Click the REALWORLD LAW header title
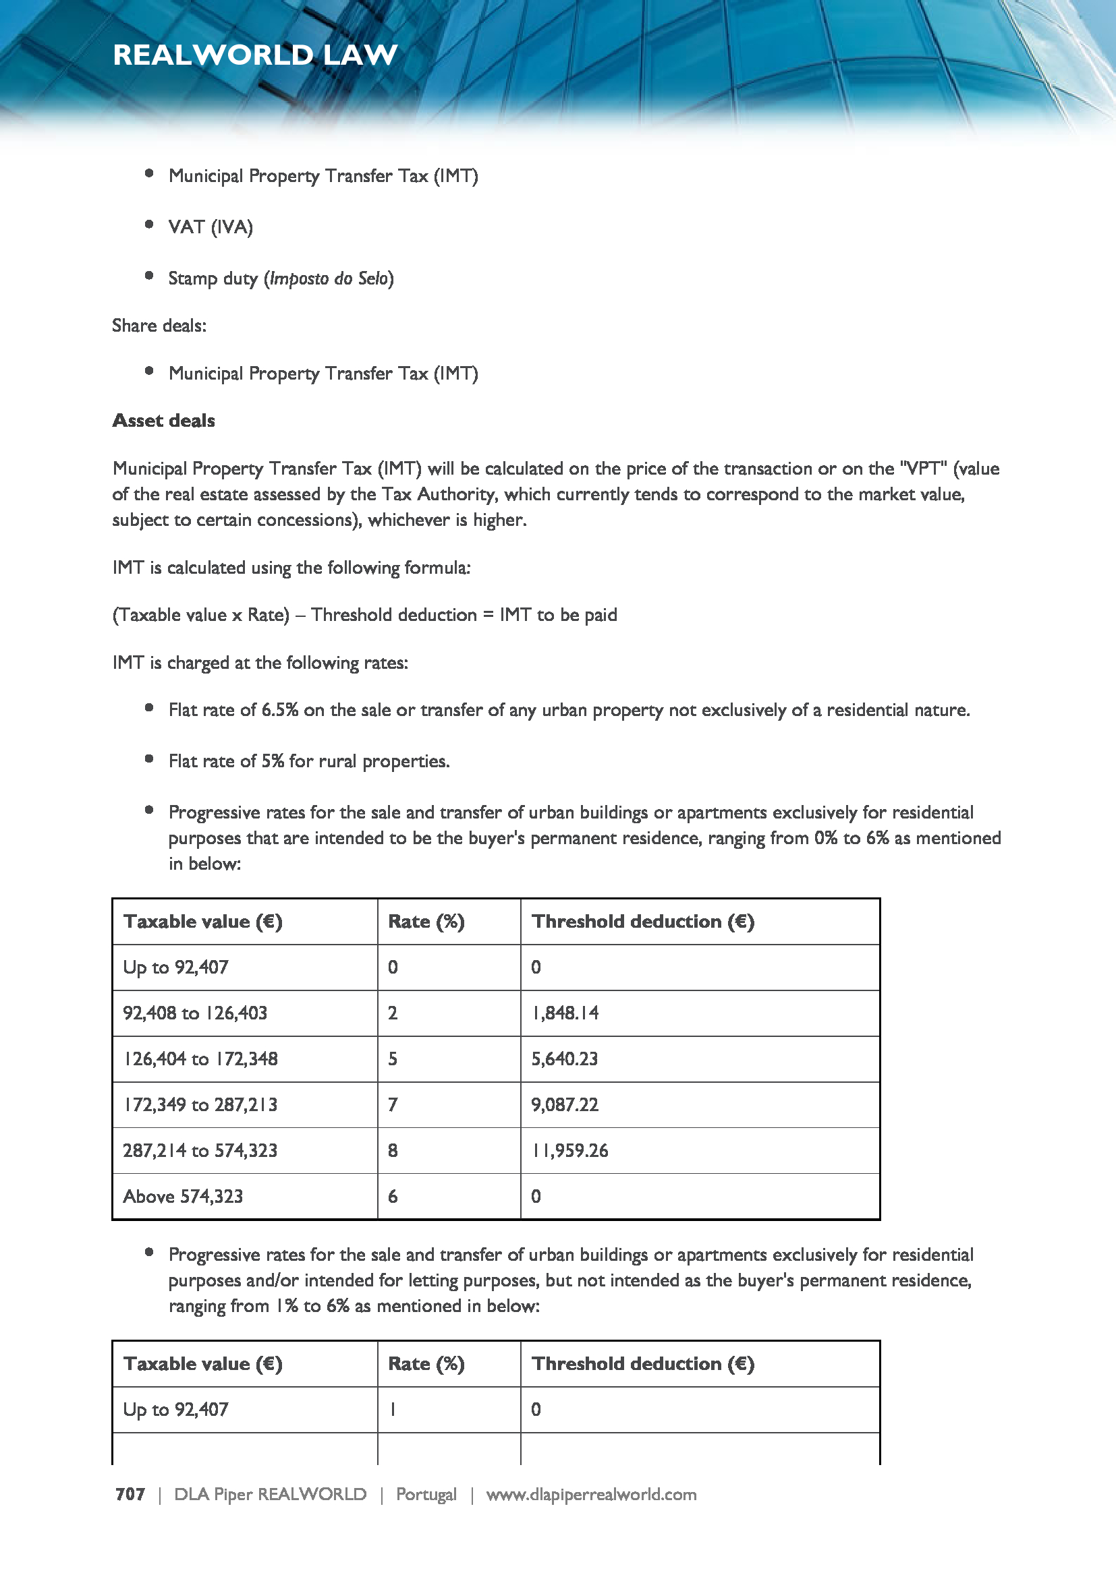click(255, 55)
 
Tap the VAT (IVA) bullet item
click(211, 227)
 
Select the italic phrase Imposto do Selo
click(329, 278)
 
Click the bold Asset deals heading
click(163, 420)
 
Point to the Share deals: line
click(159, 326)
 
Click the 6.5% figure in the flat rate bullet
click(279, 709)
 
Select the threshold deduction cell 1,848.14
click(564, 1013)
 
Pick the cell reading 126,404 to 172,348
click(200, 1059)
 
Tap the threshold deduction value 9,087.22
click(564, 1104)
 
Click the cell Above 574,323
click(183, 1197)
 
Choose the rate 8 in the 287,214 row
click(393, 1150)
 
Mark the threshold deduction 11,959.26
click(569, 1150)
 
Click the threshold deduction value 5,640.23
click(564, 1059)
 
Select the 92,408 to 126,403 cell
click(194, 1013)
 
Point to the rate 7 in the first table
click(393, 1104)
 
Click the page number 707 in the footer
click(130, 1494)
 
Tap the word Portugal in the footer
click(426, 1494)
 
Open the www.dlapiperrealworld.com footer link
click(591, 1494)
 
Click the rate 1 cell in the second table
click(393, 1409)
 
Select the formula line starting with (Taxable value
click(364, 615)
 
